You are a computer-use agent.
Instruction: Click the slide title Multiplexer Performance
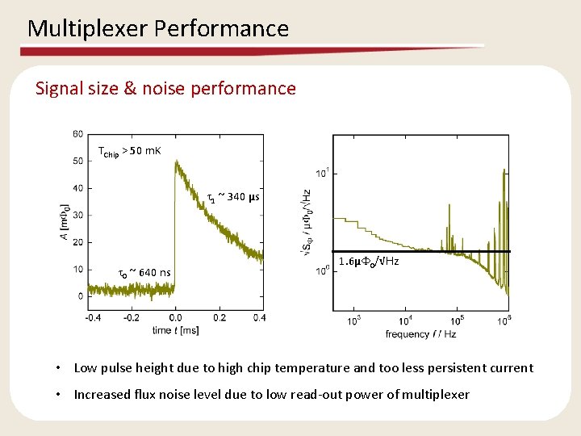pyautogui.click(x=158, y=29)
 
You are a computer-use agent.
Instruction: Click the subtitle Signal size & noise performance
pyautogui.click(x=165, y=88)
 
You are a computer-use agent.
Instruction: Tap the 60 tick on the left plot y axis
pyautogui.click(x=77, y=133)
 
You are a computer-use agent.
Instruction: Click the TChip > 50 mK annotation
pyautogui.click(x=129, y=151)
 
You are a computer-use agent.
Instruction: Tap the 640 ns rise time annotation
pyautogui.click(x=144, y=272)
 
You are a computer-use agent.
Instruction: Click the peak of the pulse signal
pyautogui.click(x=176, y=162)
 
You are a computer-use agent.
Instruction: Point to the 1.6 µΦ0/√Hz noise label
pyautogui.click(x=369, y=262)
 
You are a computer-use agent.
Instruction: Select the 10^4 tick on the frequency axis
pyautogui.click(x=405, y=320)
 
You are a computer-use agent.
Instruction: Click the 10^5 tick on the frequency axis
pyautogui.click(x=456, y=320)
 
